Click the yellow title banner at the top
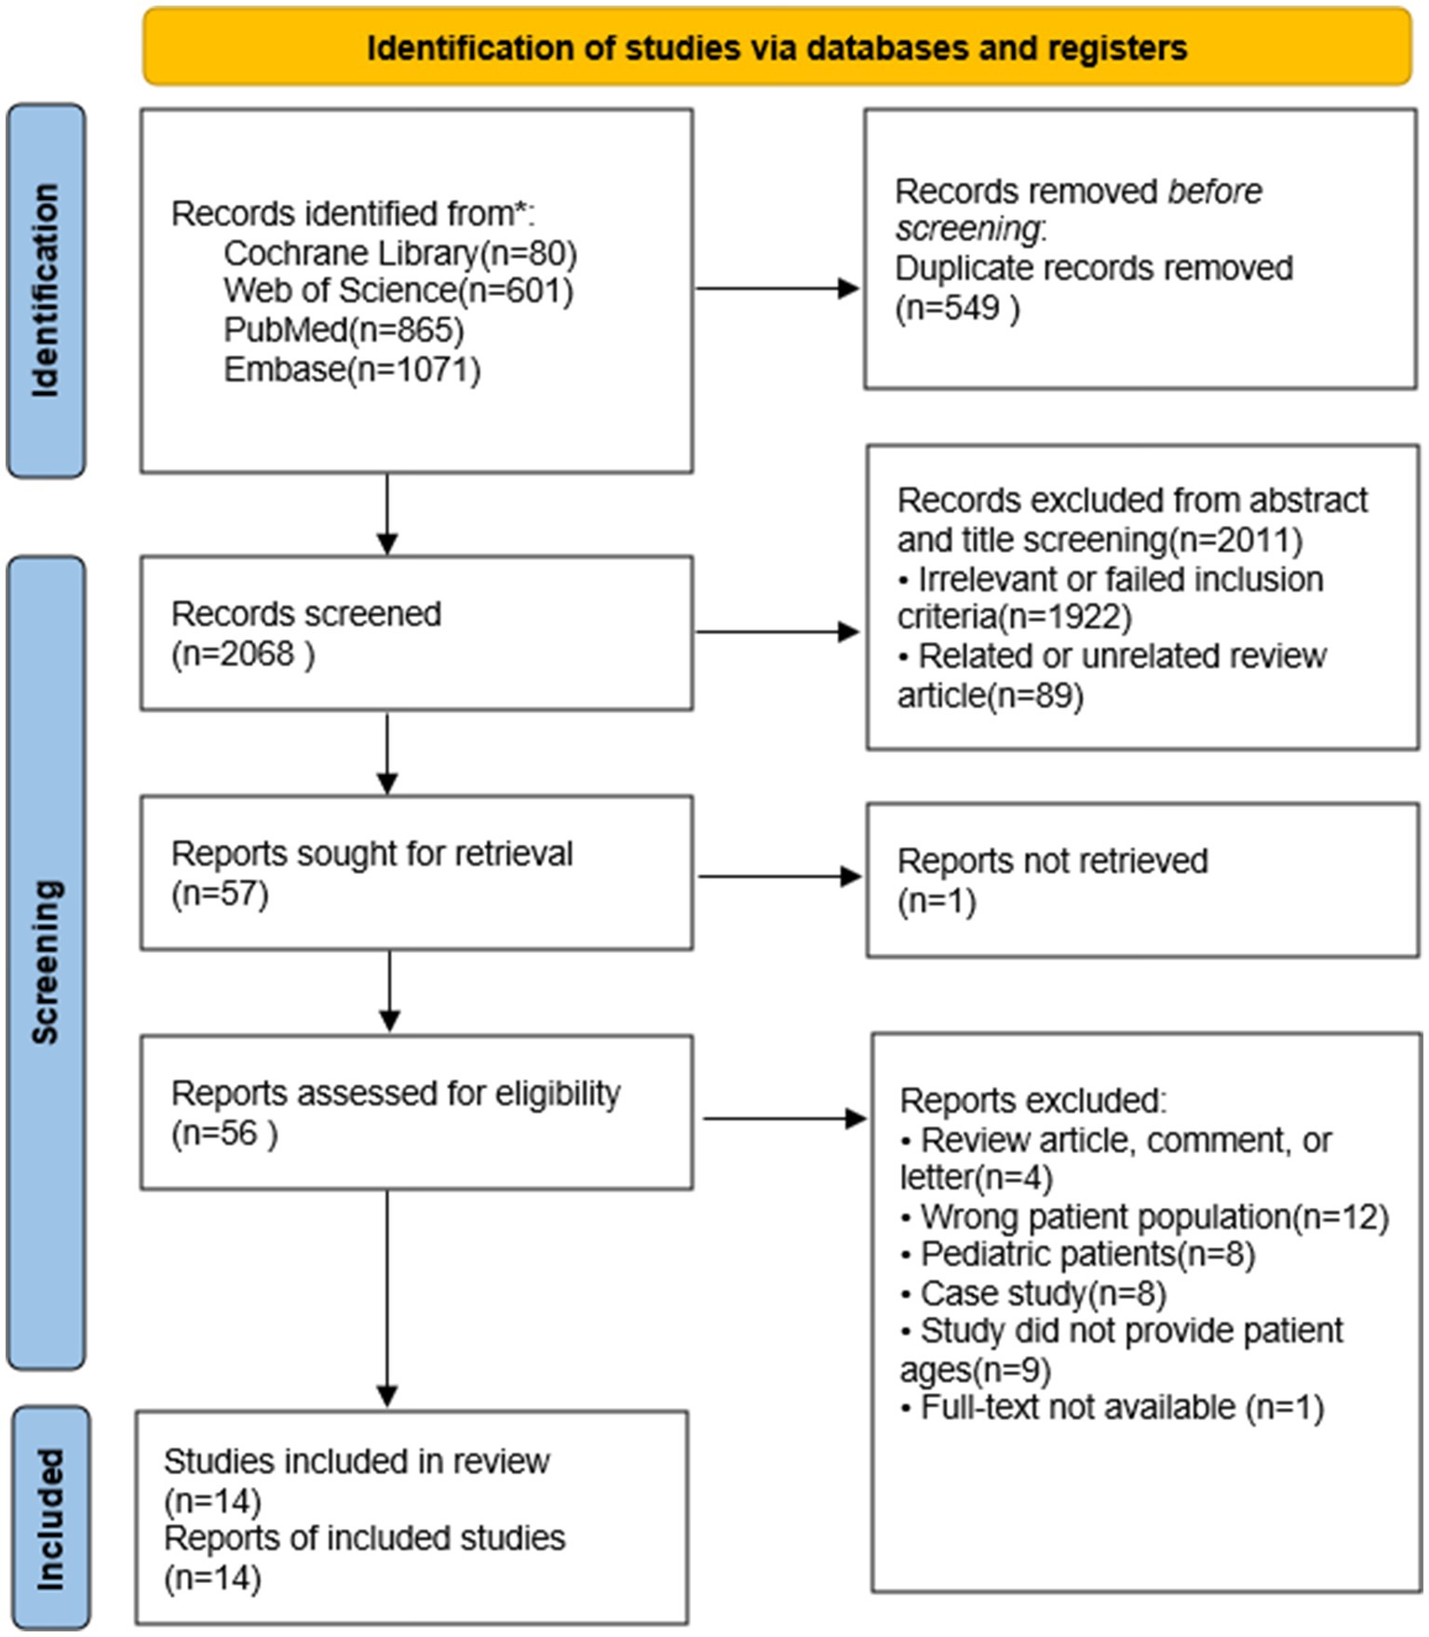point(776,47)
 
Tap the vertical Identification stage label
point(45,290)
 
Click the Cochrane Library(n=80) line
point(400,252)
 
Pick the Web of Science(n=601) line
point(398,290)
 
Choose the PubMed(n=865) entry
point(344,329)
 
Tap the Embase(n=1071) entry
point(352,369)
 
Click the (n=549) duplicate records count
point(957,307)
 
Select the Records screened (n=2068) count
point(243,653)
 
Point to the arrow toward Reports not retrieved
point(780,876)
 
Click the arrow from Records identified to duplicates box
point(778,288)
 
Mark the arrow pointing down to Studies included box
point(387,1299)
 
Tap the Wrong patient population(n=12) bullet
point(1144,1216)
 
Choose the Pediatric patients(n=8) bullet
point(1078,1255)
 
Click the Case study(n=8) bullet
point(1033,1294)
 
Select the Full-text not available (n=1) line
point(1112,1407)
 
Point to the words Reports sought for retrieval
point(372,853)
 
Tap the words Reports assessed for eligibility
point(396,1094)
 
